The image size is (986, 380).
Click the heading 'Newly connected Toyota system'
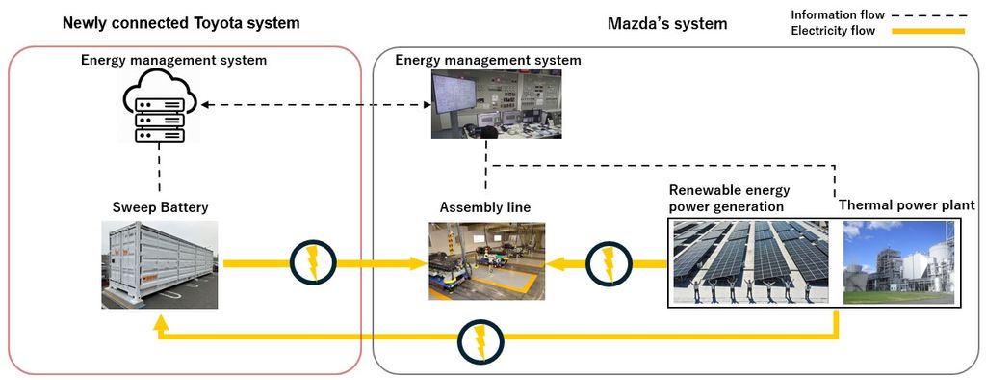(181, 22)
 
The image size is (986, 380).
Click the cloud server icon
(159, 109)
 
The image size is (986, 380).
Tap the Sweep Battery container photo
(159, 264)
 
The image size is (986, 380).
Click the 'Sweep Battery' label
(159, 207)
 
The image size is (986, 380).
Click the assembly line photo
(486, 261)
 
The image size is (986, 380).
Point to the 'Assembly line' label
(485, 207)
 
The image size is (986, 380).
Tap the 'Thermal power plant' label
(906, 205)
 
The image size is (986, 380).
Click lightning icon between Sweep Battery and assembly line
(312, 261)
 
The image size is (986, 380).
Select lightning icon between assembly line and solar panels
(608, 261)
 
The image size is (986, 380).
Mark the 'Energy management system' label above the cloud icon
(173, 61)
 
